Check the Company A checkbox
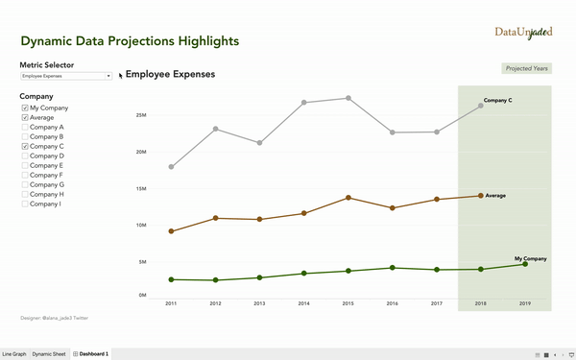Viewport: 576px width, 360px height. coord(25,128)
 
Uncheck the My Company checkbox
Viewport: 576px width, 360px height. coord(25,108)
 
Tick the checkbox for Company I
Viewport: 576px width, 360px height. coord(25,204)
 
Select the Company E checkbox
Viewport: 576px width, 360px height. coord(25,165)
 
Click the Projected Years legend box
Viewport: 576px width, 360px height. coord(527,69)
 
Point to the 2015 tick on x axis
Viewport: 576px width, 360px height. coord(348,303)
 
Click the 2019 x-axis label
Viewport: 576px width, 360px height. coord(524,303)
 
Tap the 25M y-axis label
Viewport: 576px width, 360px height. coord(140,115)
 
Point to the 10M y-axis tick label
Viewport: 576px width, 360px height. coord(140,226)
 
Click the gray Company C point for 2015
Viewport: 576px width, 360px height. coord(348,98)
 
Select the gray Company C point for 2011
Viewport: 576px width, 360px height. coord(171,167)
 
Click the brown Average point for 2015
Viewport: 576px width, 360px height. coord(348,198)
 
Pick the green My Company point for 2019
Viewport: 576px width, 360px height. coord(524,264)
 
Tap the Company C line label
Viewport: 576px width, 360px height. coord(497,101)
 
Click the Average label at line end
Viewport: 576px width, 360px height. coord(495,196)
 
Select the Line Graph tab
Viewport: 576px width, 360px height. coord(14,354)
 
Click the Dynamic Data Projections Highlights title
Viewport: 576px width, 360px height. coord(130,42)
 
